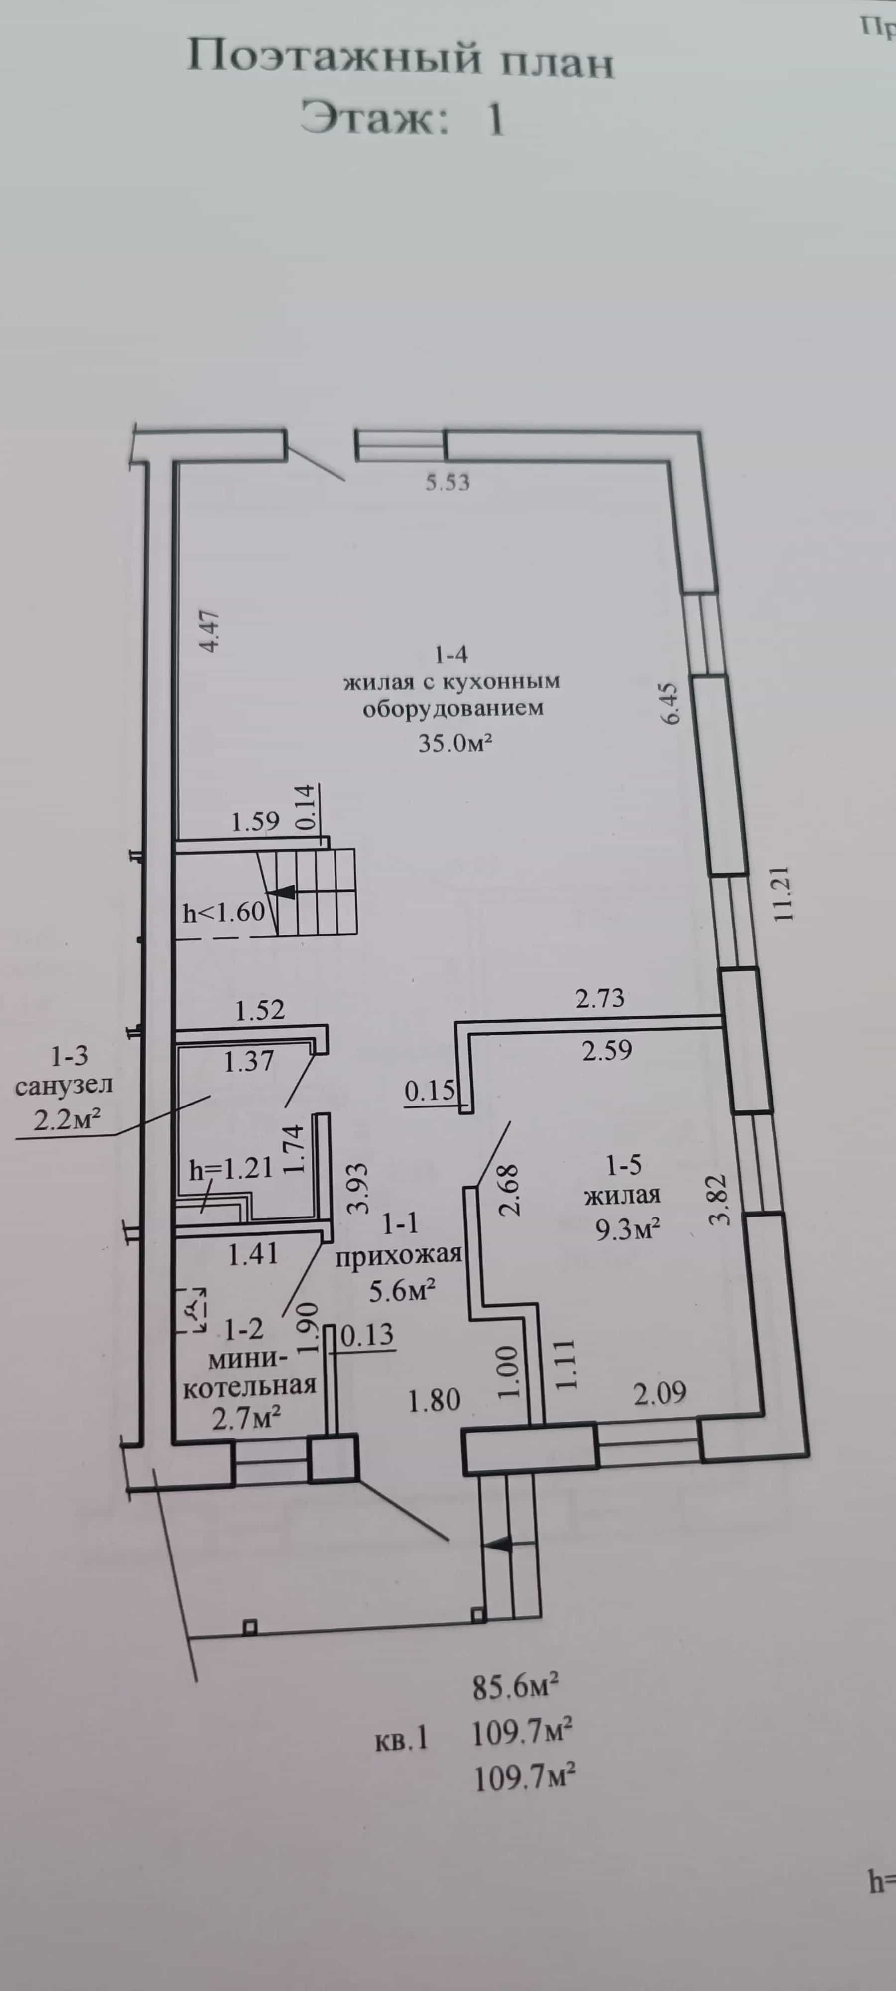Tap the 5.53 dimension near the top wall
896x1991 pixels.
(448, 483)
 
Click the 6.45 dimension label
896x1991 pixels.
(670, 702)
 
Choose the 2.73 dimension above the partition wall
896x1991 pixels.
(600, 998)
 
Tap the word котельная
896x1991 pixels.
(250, 1384)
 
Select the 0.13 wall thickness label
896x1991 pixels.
(367, 1335)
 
